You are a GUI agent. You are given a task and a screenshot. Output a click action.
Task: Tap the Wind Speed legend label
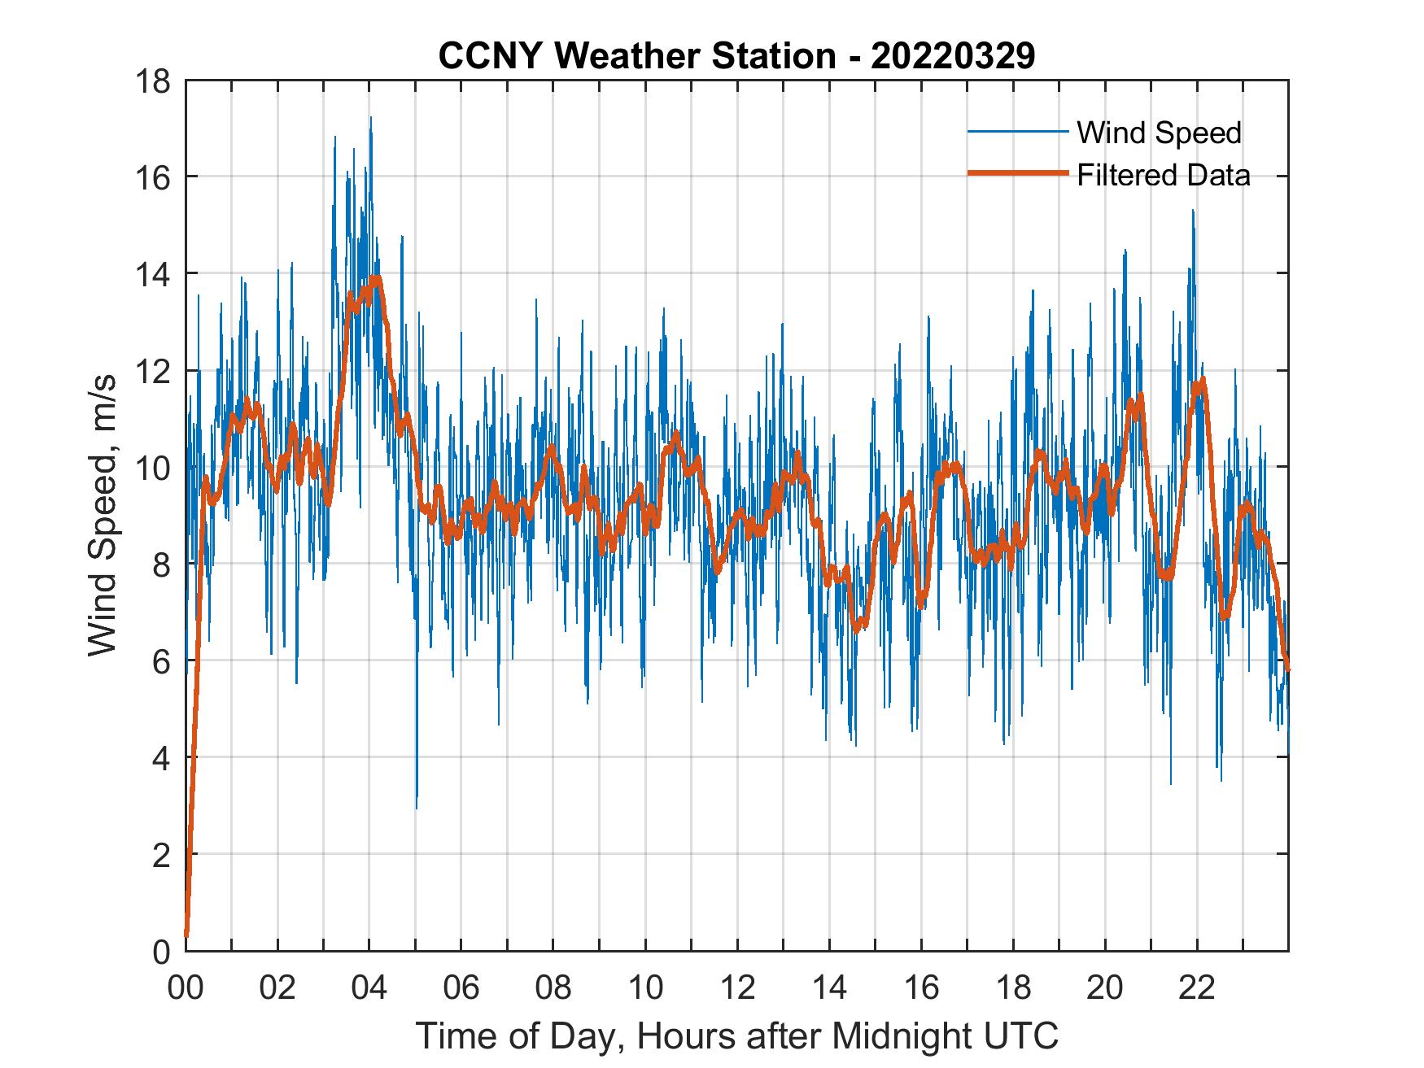pos(1159,133)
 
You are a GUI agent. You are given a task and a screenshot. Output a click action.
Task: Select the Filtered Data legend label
pos(1163,175)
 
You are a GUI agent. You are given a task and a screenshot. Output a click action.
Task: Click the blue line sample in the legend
pos(1017,132)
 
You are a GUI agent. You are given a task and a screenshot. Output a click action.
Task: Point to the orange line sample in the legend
pos(1017,173)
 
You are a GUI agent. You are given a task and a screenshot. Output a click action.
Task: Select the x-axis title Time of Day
pos(737,1035)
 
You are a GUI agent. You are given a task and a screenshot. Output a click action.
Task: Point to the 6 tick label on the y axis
pos(161,661)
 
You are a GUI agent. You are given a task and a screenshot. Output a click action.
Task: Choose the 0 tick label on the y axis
pos(161,951)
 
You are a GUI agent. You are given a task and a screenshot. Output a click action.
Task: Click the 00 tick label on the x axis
pos(186,987)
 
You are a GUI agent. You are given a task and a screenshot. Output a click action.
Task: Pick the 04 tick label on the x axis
pos(369,987)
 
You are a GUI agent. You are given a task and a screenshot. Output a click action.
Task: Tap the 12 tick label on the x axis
pos(737,987)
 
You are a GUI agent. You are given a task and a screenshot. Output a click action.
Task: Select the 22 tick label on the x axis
pos(1197,987)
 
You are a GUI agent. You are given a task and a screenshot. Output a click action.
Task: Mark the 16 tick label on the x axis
pos(921,987)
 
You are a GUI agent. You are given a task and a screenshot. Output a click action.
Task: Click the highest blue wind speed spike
pos(370,118)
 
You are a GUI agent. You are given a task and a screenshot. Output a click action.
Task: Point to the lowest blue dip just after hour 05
pos(417,807)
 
